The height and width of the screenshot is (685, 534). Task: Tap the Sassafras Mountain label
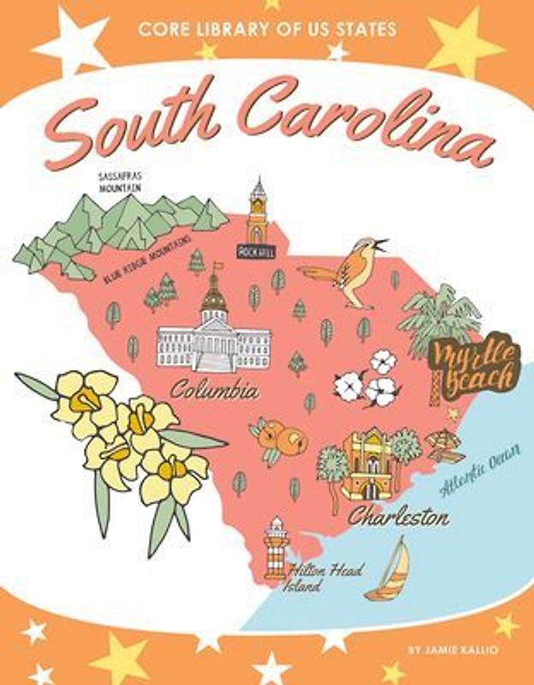tap(120, 182)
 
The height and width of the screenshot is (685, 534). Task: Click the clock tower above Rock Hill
tap(258, 210)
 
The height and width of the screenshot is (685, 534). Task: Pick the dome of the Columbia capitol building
tap(213, 295)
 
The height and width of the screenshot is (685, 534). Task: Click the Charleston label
tap(398, 518)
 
